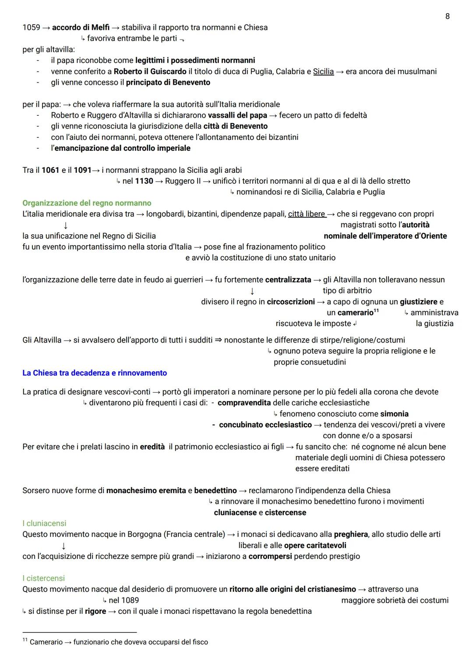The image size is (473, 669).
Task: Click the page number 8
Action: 447,16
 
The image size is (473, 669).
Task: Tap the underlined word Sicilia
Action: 323,72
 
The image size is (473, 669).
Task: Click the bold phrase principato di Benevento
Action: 168,82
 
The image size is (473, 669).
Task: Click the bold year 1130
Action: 144,181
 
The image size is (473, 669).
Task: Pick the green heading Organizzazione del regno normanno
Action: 87,203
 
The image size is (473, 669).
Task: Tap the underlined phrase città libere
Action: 307,214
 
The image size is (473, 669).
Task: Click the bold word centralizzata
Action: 288,280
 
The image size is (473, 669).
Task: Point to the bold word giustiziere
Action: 418,302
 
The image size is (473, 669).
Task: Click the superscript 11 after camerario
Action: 376,311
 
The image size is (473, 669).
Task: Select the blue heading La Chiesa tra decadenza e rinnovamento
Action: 95,373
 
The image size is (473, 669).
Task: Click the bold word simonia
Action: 394,414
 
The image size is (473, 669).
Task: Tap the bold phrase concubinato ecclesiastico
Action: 265,425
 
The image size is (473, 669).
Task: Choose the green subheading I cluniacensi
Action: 44,523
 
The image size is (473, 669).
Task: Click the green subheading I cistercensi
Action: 43,578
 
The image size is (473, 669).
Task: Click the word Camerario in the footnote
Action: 46,642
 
